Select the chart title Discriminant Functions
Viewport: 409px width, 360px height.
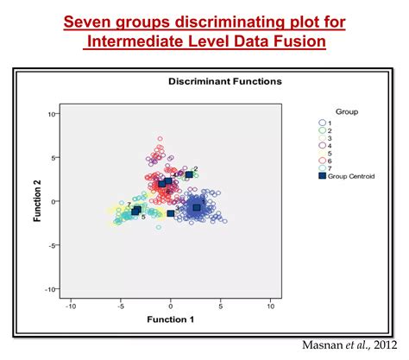(224, 81)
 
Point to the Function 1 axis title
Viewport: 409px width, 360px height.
(172, 319)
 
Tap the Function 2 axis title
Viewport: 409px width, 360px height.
(38, 201)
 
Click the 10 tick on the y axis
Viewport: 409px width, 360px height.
(52, 114)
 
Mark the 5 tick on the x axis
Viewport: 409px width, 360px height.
(221, 305)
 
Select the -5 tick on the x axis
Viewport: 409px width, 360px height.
(120, 305)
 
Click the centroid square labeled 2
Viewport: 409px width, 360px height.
(189, 175)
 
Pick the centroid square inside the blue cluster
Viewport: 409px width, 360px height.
(197, 207)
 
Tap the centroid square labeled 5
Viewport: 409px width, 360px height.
(135, 212)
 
